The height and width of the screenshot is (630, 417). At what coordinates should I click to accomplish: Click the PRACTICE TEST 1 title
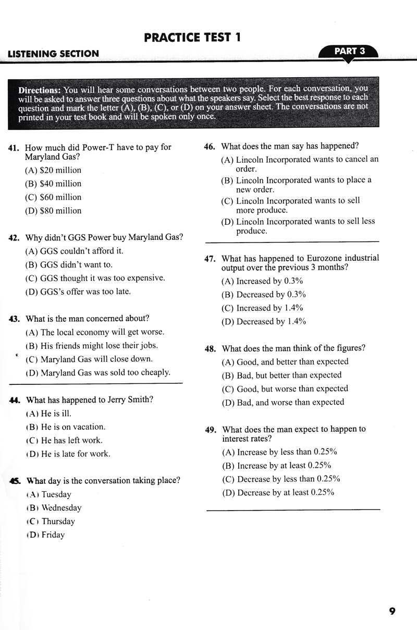pos(192,37)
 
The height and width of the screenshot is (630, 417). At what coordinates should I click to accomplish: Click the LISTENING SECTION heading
pos(53,54)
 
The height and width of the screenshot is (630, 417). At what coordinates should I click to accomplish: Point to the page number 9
pos(392,611)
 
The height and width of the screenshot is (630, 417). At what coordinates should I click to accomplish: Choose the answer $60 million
pos(53,197)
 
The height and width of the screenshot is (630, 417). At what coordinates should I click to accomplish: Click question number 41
pos(14,148)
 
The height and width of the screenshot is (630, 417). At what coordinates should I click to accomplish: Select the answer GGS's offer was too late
pos(78,292)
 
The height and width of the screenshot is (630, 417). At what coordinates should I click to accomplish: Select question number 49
pos(211,430)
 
